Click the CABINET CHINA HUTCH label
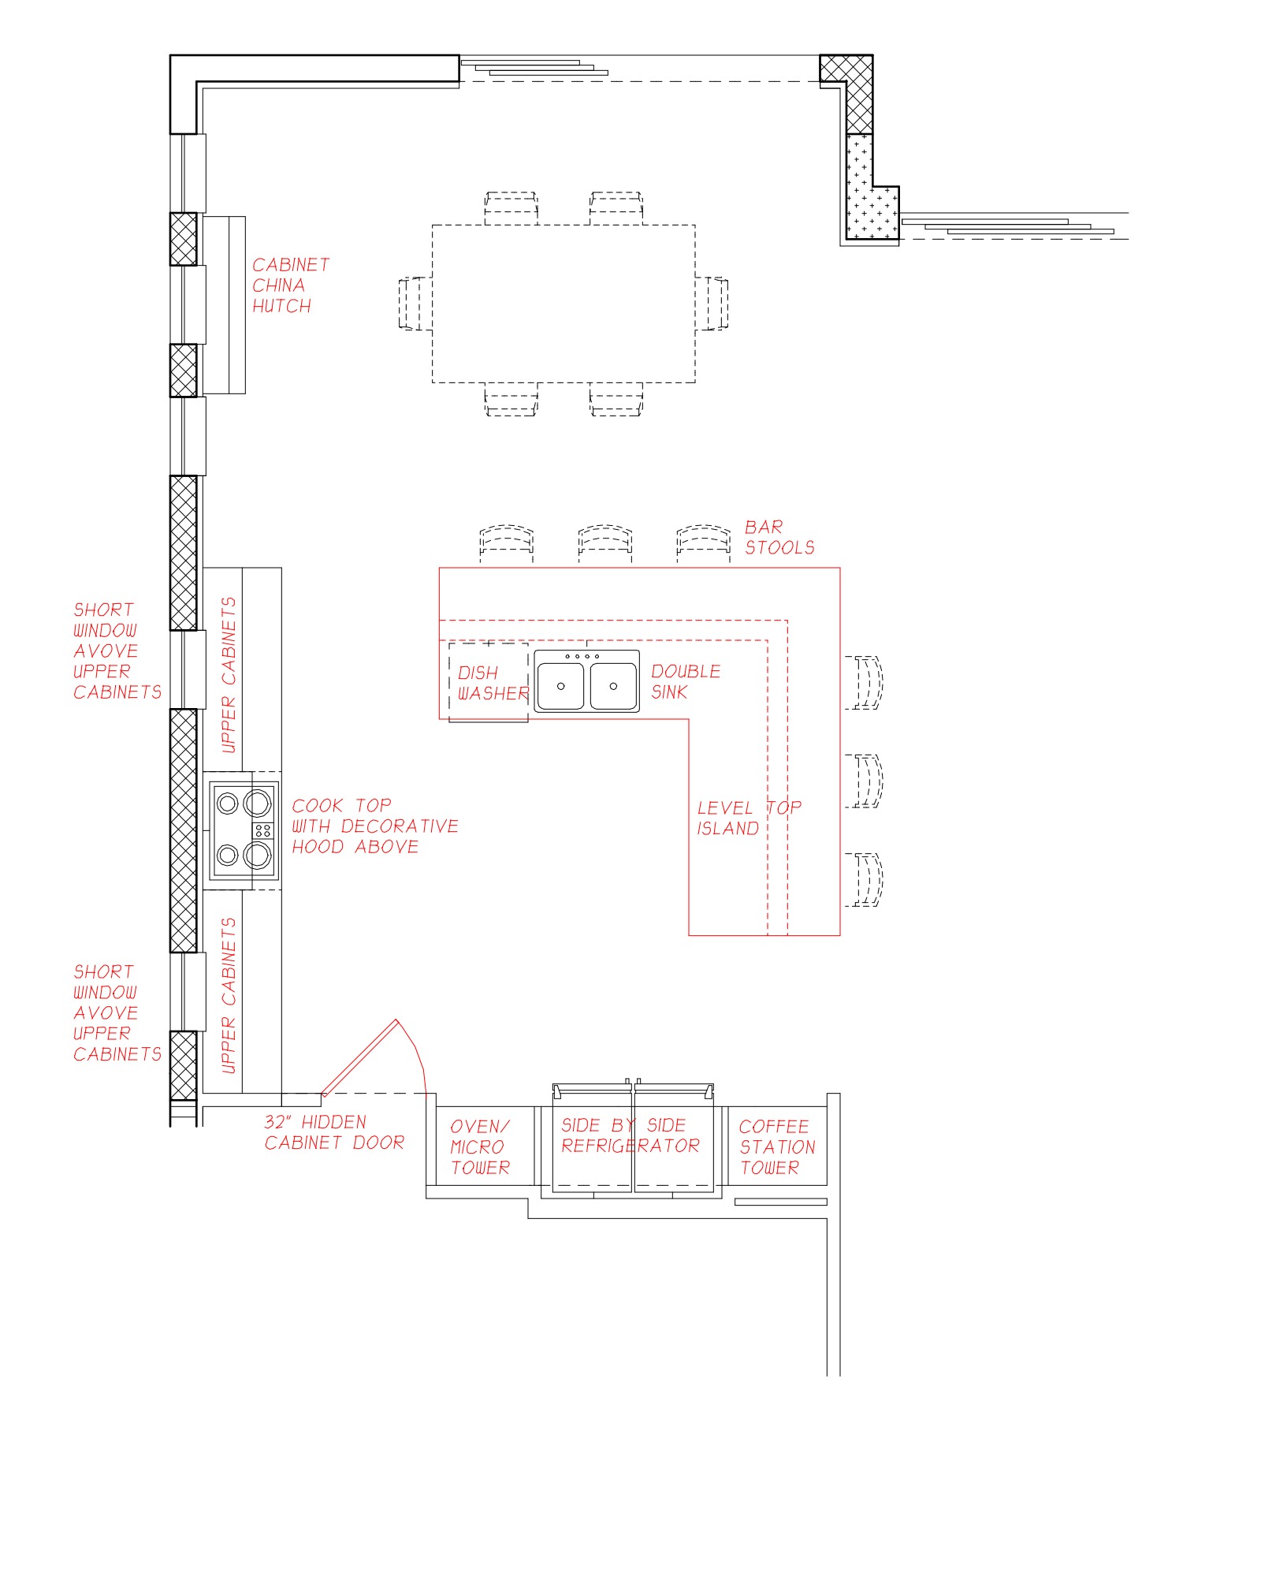[290, 285]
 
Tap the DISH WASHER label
[493, 683]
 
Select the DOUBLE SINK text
[686, 681]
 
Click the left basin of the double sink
[560, 686]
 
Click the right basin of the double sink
[613, 686]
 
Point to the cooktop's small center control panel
[262, 830]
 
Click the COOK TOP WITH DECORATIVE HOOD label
[374, 826]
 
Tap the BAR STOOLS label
[779, 537]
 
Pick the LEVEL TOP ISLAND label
[749, 818]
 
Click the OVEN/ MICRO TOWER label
[480, 1146]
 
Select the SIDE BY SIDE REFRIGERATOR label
[630, 1135]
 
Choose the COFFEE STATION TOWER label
[777, 1146]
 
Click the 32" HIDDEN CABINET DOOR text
[334, 1132]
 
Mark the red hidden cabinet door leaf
[359, 1057]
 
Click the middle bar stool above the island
[604, 542]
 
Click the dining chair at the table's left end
[415, 303]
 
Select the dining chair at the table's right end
[712, 303]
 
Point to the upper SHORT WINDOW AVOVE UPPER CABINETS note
[117, 651]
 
